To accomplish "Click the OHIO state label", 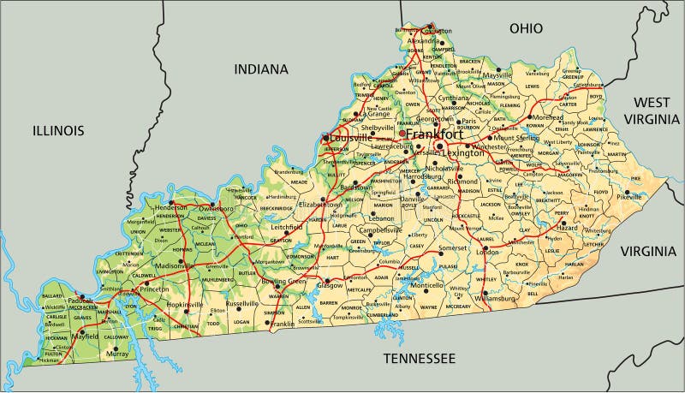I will click(527, 28).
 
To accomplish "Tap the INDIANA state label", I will click(261, 69).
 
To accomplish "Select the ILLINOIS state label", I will click(58, 130).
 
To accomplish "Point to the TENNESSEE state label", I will click(419, 357).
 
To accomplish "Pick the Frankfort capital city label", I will click(434, 135).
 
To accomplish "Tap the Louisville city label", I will click(351, 138).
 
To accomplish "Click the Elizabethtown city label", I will click(319, 205).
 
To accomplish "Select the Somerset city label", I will click(453, 247).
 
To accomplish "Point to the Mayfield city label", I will click(85, 337).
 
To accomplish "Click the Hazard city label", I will click(568, 229).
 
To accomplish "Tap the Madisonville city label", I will click(170, 265).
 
